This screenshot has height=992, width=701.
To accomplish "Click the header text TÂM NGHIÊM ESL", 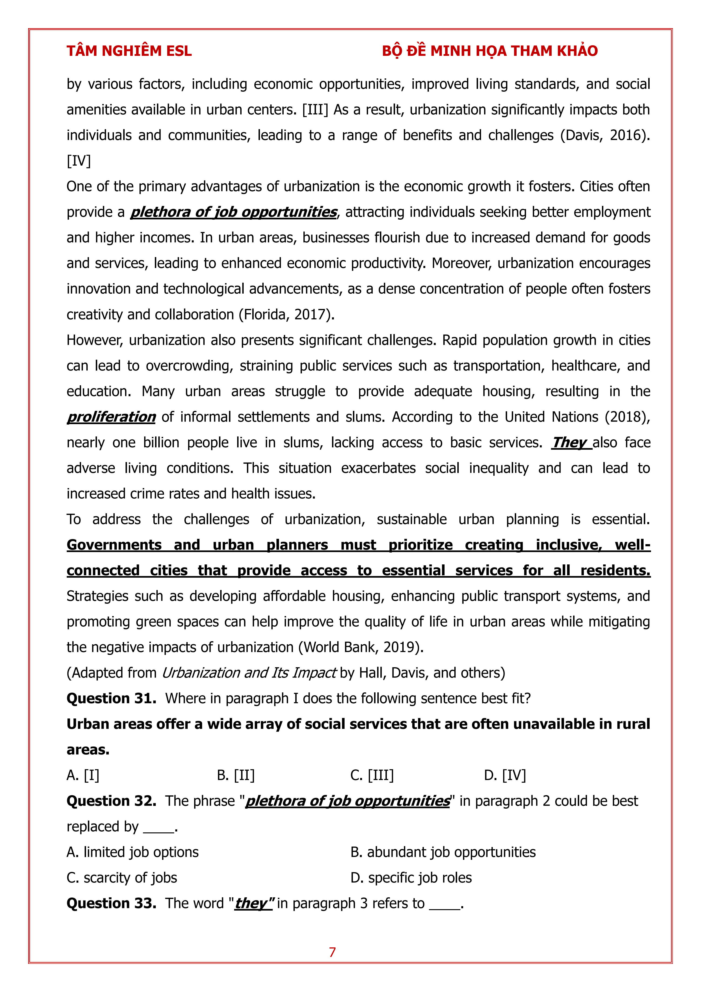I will tap(129, 51).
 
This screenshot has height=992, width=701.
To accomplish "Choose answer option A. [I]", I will tap(83, 776).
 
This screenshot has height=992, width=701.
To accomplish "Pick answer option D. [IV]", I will tap(505, 776).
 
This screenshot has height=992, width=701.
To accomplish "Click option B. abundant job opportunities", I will tap(443, 852).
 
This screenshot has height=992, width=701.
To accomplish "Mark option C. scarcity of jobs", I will tap(122, 878).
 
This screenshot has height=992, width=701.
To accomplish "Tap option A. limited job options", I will tap(133, 852).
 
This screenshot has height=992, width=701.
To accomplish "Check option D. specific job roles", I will tap(411, 878).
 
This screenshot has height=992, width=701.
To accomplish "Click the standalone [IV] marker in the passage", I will tap(79, 161).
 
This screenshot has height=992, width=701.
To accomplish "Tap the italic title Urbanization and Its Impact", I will tap(249, 673).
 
